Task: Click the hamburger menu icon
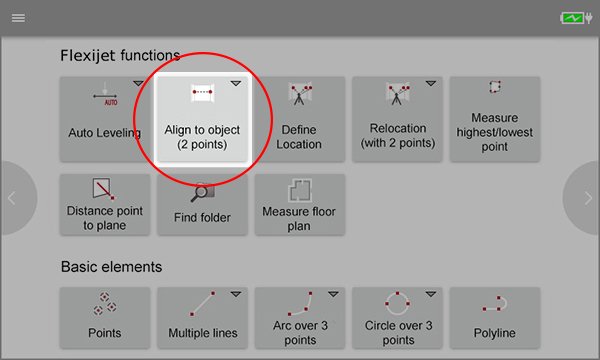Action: click(x=18, y=18)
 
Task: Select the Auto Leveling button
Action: click(x=105, y=118)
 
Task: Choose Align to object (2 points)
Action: click(x=202, y=118)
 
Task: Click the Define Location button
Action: click(x=300, y=118)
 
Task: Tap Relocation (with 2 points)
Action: click(x=397, y=118)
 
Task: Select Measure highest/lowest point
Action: click(x=494, y=118)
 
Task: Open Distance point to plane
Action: click(x=105, y=205)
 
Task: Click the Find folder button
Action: click(x=202, y=205)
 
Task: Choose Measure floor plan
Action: click(x=300, y=205)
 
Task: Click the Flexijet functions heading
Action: click(x=120, y=55)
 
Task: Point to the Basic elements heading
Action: click(x=111, y=267)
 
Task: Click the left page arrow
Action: click(x=12, y=198)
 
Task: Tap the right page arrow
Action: click(x=587, y=198)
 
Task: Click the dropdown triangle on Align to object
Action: click(x=235, y=84)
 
